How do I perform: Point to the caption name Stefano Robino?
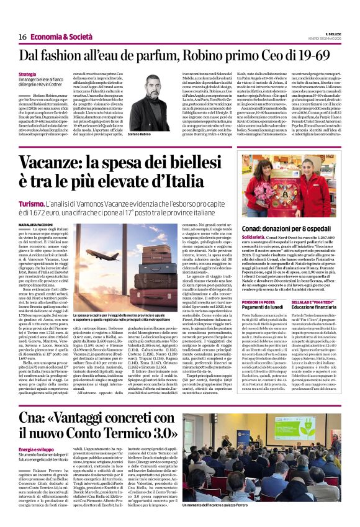(141, 134)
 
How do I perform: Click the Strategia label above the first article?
(27, 75)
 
